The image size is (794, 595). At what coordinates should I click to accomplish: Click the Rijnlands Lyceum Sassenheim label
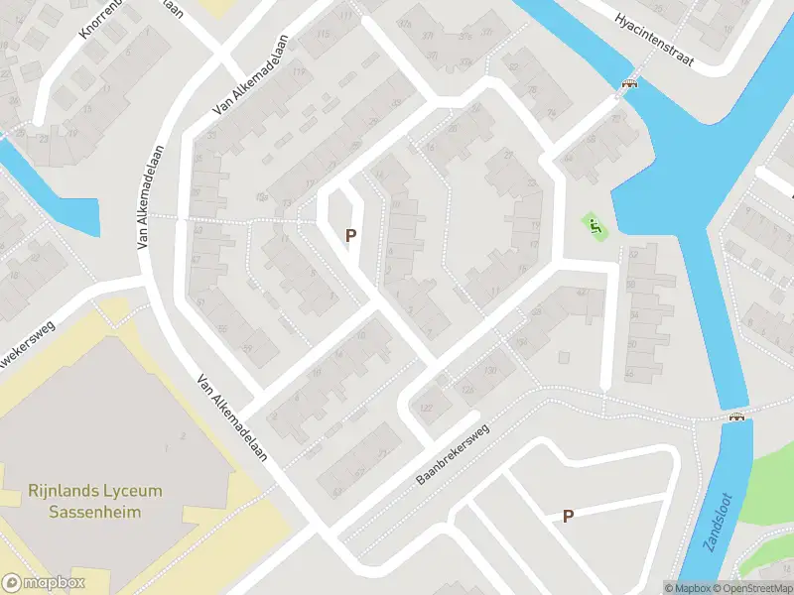coord(94,501)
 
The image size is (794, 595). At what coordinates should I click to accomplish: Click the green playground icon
coord(595,226)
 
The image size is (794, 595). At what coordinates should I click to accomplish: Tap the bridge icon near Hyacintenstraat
coord(628,85)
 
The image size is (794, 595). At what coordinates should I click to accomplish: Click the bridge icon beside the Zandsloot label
coord(736,416)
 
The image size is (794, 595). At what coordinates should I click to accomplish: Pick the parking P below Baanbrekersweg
coord(568,516)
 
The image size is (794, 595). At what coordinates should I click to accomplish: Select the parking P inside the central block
coord(349,236)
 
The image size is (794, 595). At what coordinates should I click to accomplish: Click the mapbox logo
coord(44,583)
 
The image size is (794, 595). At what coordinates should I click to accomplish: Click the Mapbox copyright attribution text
coord(686,587)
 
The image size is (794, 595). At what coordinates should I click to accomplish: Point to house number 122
coord(428,409)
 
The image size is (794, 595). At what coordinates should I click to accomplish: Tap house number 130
coord(489,371)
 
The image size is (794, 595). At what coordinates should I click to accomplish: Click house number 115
coord(324,36)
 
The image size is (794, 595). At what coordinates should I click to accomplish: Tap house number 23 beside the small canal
coord(43,139)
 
